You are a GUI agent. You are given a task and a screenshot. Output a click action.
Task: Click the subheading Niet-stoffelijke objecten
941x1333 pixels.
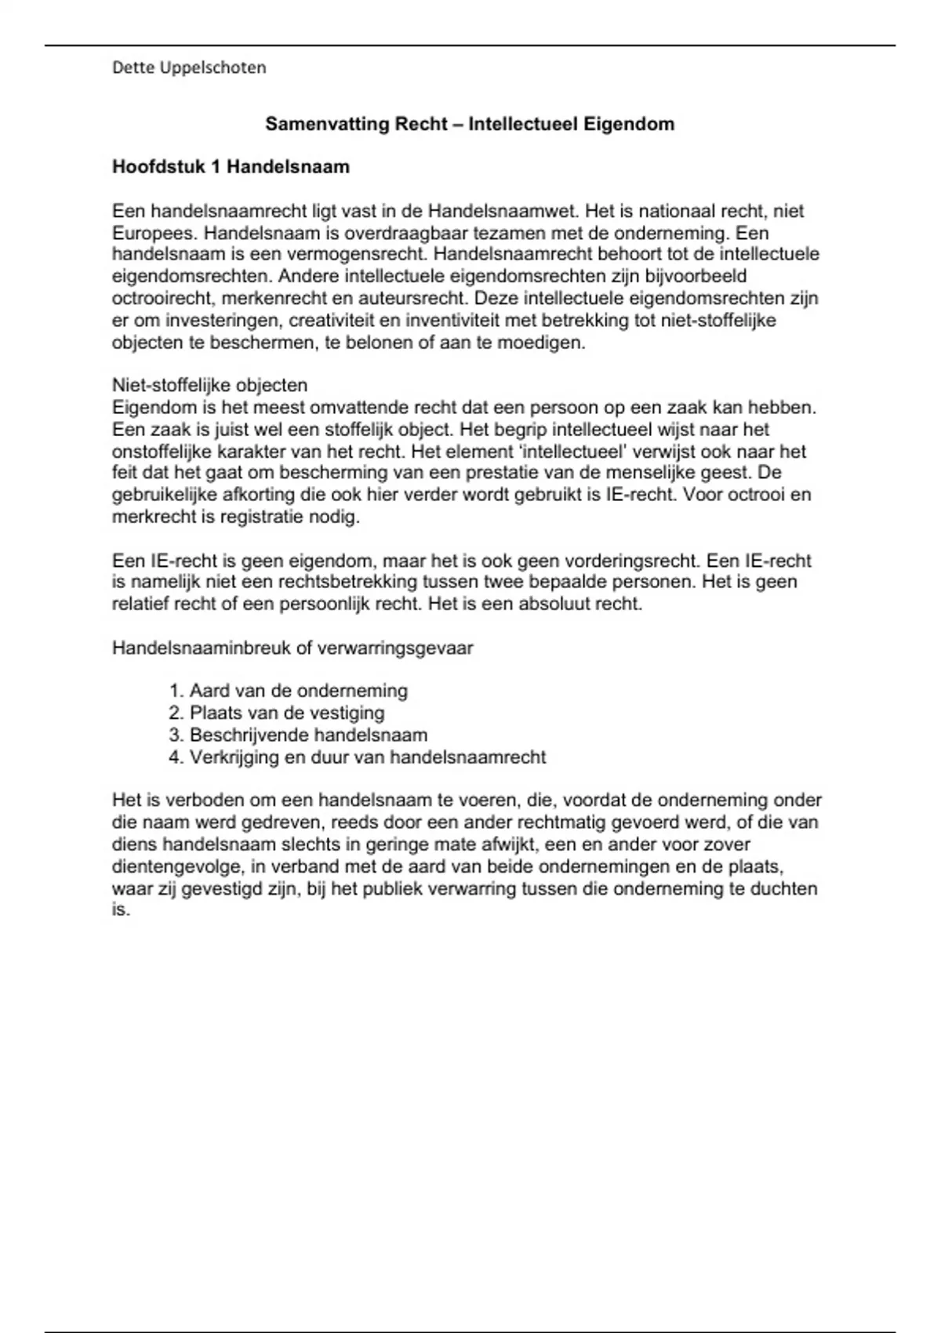(x=209, y=385)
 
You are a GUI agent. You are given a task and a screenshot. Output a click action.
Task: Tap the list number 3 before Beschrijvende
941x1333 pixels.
(x=176, y=736)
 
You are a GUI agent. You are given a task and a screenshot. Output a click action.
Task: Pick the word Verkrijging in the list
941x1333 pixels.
(x=234, y=757)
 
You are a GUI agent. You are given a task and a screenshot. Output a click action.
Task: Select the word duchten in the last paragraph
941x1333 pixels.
(x=783, y=888)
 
